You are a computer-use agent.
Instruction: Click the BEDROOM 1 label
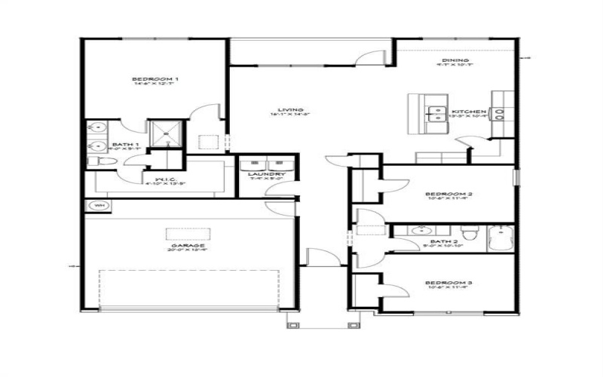tap(155, 79)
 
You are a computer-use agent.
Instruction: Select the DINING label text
tap(457, 61)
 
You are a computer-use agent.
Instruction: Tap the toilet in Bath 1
tap(93, 161)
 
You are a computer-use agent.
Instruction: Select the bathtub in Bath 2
tap(500, 238)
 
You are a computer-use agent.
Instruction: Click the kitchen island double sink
tap(435, 115)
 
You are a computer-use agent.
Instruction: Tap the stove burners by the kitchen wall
tap(500, 114)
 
